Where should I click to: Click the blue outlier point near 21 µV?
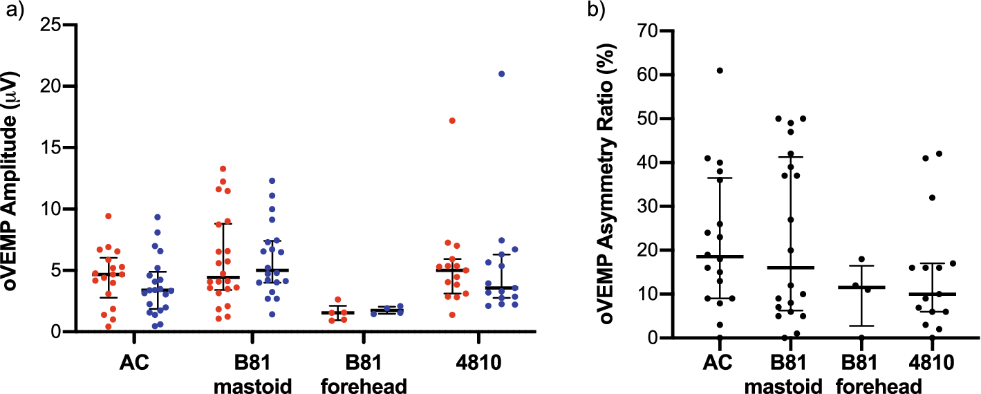pos(501,73)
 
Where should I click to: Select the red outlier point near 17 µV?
pos(452,120)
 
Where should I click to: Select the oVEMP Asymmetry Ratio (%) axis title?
pos(603,183)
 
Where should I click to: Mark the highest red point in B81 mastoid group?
pos(223,169)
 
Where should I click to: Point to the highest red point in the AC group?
pos(109,216)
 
